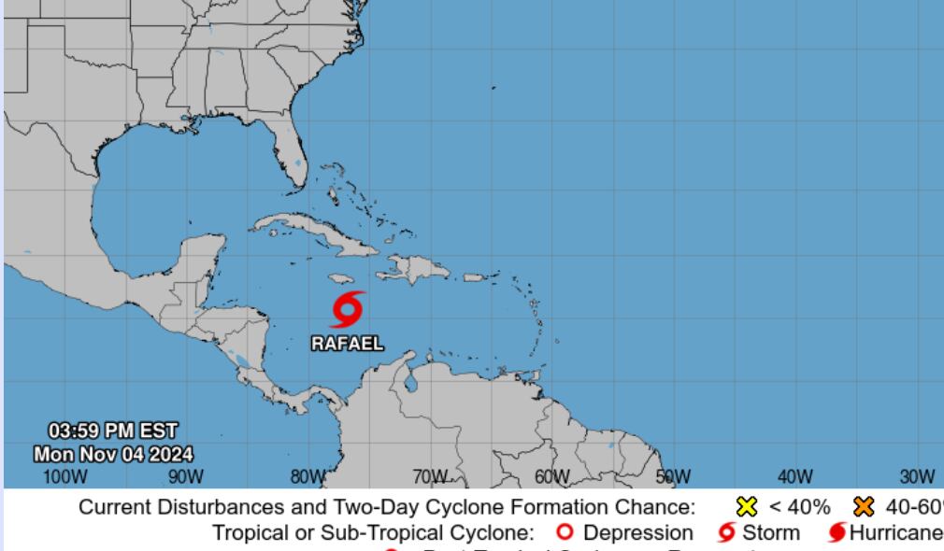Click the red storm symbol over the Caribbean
point(348,309)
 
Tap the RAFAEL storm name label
point(347,343)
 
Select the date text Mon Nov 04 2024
point(113,455)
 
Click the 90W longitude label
point(186,476)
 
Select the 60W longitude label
point(551,476)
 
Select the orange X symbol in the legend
point(865,508)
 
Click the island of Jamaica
point(338,279)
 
